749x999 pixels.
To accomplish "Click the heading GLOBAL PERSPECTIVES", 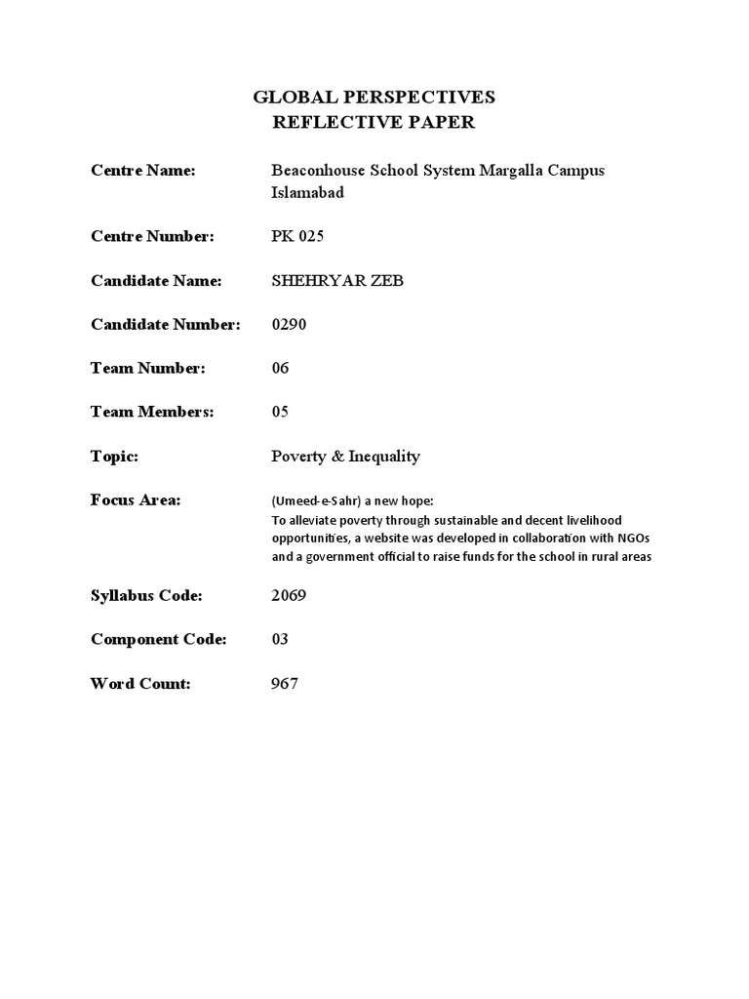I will [374, 97].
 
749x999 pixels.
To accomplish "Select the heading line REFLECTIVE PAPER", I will [374, 122].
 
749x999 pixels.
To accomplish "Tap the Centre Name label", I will [143, 171].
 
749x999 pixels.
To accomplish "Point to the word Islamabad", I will [307, 193].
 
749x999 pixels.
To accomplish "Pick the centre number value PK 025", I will [297, 236].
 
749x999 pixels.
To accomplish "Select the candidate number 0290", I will [289, 324].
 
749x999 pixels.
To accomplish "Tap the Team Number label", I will [148, 368].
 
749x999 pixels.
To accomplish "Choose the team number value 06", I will [280, 368].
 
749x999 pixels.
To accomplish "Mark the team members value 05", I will [280, 412].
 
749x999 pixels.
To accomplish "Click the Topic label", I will [115, 456].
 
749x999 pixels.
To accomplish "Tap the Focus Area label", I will [137, 499].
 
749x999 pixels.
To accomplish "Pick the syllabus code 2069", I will [289, 595].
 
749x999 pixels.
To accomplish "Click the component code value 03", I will [280, 639].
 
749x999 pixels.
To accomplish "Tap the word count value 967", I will [285, 683].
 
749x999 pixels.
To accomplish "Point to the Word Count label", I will [140, 683].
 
